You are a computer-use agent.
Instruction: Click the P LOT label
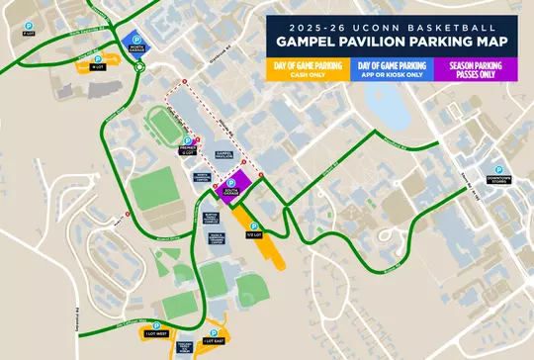click(28, 33)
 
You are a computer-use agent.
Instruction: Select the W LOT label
click(97, 68)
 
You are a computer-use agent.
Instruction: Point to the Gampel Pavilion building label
click(223, 155)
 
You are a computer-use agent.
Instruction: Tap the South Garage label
click(230, 192)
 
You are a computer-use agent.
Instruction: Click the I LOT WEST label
click(156, 334)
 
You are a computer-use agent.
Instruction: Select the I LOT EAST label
click(214, 341)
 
